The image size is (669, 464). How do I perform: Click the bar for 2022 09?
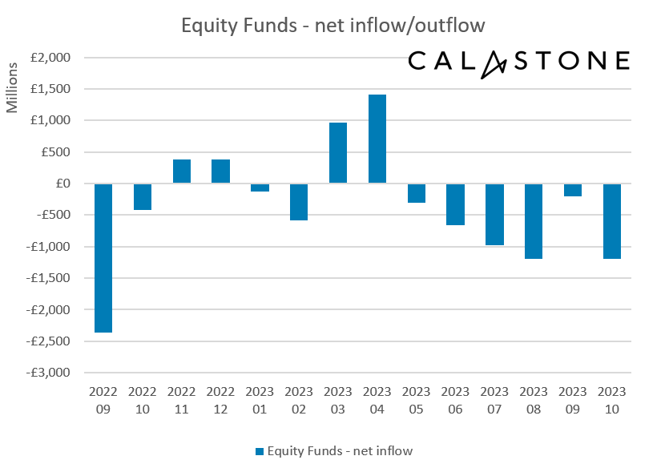pos(103,257)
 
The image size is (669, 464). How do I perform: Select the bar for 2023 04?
pos(377,139)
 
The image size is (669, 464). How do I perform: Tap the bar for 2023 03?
pos(338,153)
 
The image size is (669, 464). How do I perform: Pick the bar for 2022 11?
pos(181,171)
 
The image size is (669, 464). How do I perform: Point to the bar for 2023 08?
pos(534,221)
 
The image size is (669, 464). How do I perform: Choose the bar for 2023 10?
pos(611,221)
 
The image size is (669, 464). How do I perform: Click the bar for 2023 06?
pos(455,204)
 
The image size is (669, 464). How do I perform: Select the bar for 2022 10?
pos(142,196)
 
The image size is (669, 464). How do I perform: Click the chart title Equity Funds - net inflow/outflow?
pos(333,26)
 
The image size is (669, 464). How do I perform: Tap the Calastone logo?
pos(518,62)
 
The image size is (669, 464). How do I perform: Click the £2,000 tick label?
pos(51,58)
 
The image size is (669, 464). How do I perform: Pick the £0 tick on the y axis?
pos(61,184)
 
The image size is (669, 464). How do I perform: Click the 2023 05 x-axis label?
pos(416,399)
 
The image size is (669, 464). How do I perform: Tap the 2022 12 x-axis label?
pos(220,399)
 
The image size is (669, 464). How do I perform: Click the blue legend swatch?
pos(259,451)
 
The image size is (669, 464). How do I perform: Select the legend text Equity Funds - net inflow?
pos(340,451)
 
